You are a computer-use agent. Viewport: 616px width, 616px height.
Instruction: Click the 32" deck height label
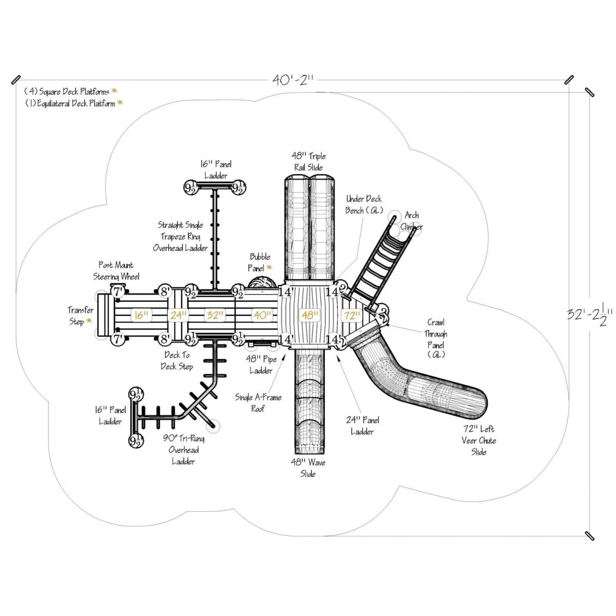pyautogui.click(x=212, y=315)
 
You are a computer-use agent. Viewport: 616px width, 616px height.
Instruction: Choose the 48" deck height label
pyautogui.click(x=309, y=315)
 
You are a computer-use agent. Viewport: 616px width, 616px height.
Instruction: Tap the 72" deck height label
pyautogui.click(x=353, y=315)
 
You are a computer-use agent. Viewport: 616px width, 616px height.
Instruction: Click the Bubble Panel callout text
pyautogui.click(x=260, y=262)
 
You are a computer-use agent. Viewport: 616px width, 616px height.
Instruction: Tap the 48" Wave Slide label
pyautogui.click(x=308, y=468)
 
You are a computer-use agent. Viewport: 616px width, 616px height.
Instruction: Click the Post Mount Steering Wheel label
pyautogui.click(x=116, y=271)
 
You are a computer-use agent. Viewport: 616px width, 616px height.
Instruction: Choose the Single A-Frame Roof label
pyautogui.click(x=258, y=403)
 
